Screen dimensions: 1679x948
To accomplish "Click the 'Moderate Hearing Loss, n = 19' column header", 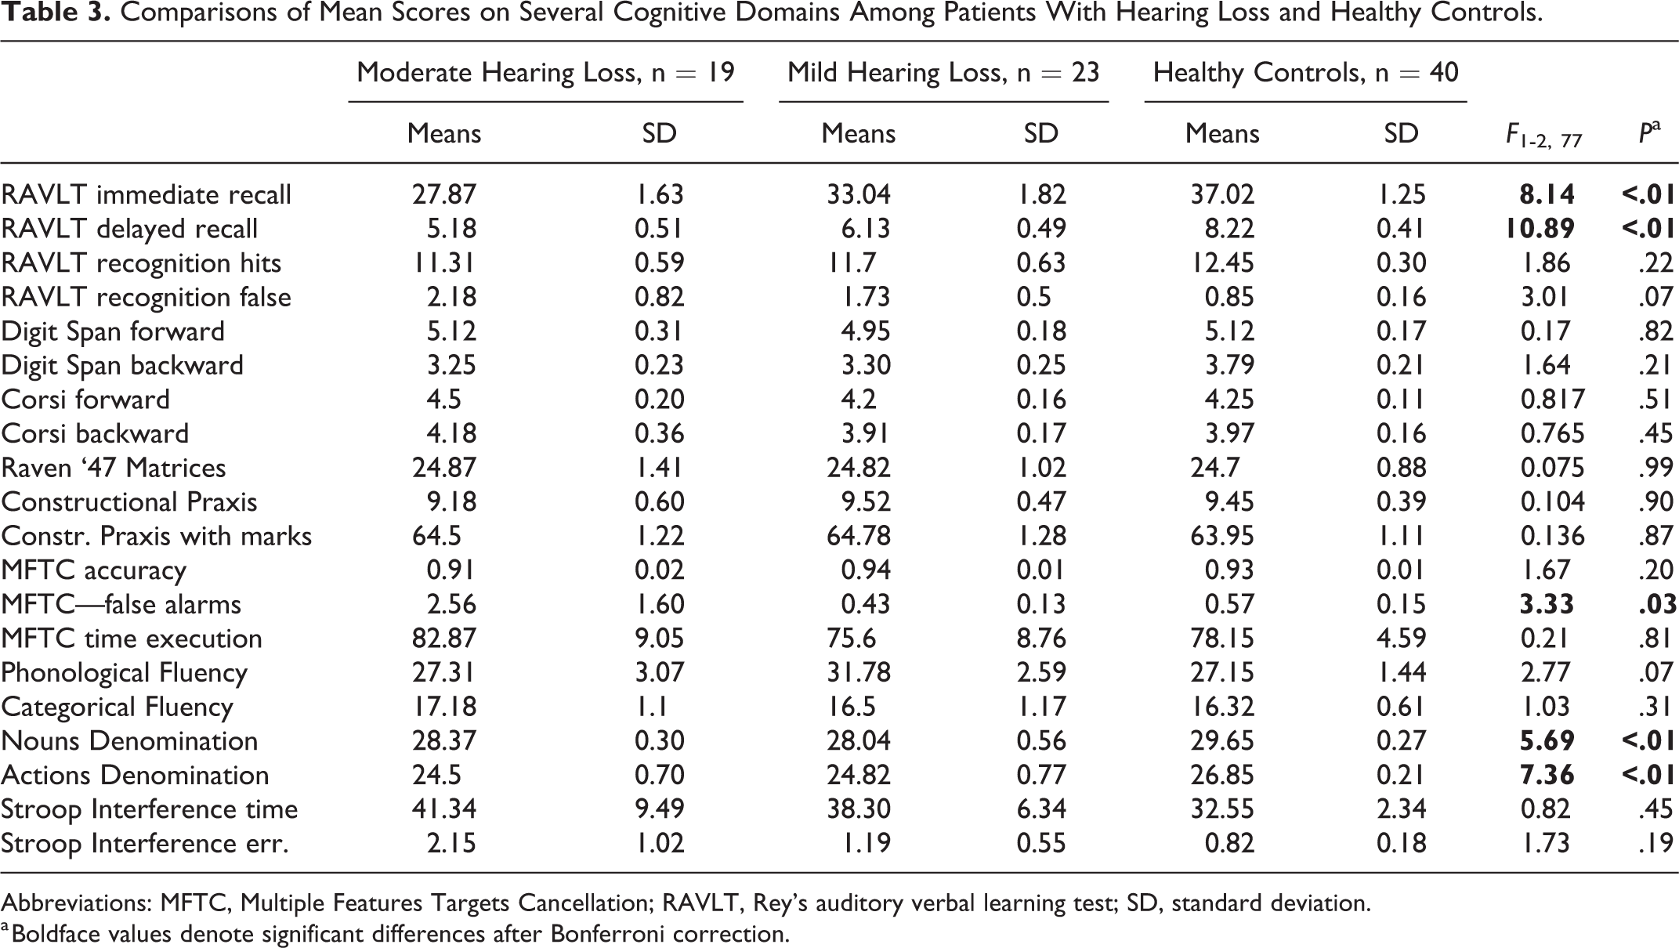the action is point(545,73).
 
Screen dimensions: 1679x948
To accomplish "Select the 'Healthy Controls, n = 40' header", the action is point(1305,73).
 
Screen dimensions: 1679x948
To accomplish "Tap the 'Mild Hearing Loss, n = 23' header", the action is point(943,73).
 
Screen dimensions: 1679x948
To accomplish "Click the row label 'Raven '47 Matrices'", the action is point(114,468).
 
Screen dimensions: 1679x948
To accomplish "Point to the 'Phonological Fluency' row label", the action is point(125,673).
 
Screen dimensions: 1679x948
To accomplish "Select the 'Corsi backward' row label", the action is point(96,433).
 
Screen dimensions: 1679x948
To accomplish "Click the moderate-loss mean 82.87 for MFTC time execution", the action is point(444,639).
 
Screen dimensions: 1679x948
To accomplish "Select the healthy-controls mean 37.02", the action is point(1222,194).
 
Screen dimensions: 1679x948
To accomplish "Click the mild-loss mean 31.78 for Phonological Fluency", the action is point(859,673).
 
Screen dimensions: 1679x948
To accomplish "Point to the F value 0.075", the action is point(1553,468).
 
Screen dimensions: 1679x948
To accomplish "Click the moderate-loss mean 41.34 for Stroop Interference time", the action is point(444,809).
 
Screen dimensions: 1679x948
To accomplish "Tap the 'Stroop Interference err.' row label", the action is point(145,844).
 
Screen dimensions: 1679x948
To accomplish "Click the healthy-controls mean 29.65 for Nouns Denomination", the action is point(1222,741).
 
